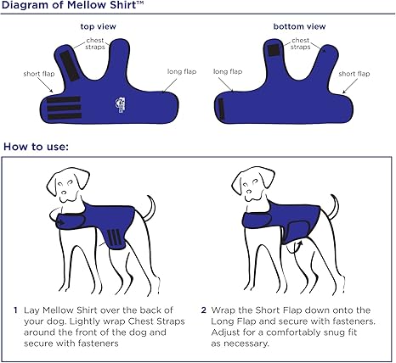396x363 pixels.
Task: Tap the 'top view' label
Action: tap(98, 27)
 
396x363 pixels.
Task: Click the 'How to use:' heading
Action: tap(37, 146)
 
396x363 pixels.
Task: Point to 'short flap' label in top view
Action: tap(37, 73)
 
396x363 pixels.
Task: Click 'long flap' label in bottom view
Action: tap(225, 72)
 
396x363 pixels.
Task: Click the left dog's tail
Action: tap(146, 209)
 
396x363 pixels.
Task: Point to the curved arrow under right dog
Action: tap(297, 248)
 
